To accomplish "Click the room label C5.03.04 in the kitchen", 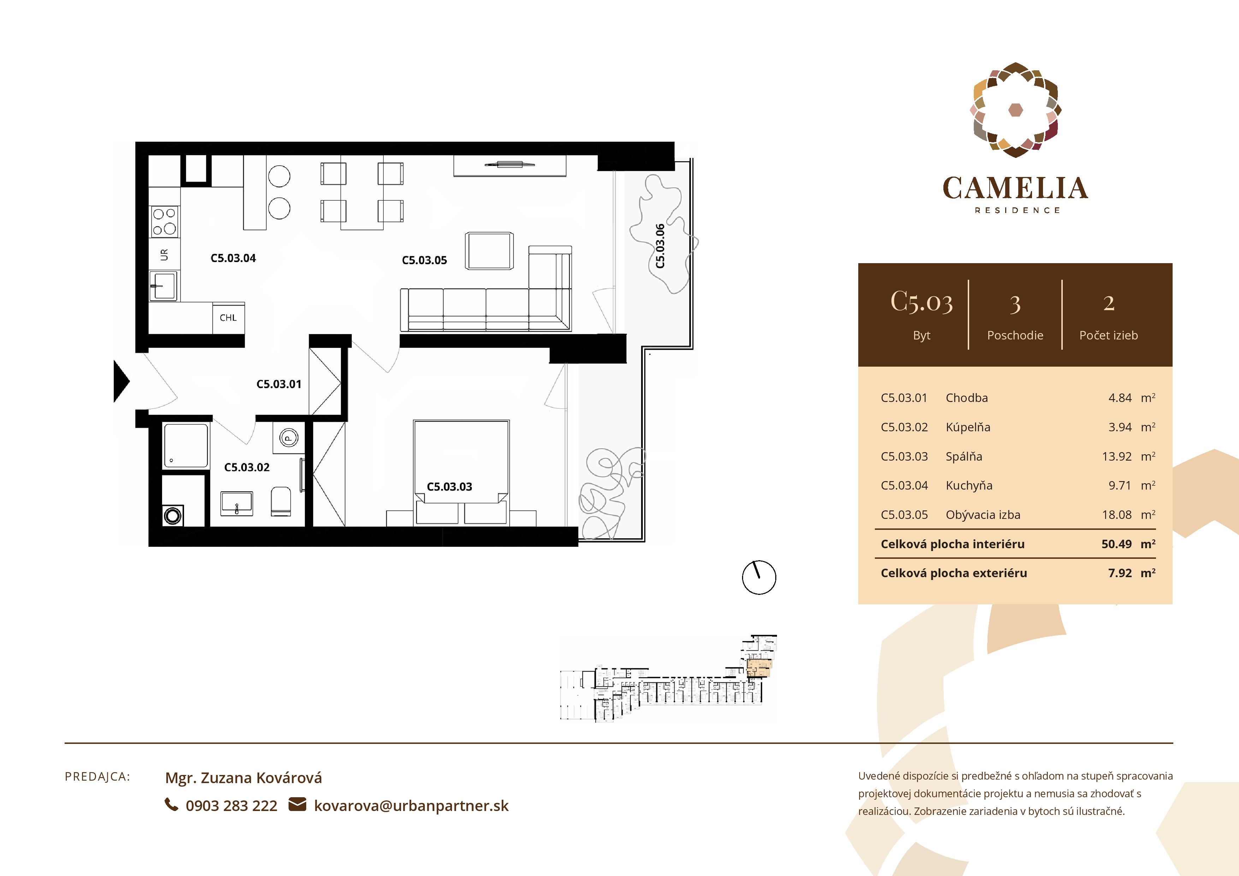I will coord(233,258).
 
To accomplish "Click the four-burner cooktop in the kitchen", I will coord(165,221).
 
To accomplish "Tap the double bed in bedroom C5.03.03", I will coord(461,464).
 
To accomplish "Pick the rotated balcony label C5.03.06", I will coord(660,246).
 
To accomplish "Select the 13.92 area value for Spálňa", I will coord(1116,457).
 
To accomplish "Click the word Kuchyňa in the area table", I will coord(969,485).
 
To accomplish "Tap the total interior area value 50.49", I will coord(1116,544).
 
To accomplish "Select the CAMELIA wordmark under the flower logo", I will coord(1015,188).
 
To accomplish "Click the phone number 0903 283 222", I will coord(231,806).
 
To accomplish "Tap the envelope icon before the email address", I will coord(297,805).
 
